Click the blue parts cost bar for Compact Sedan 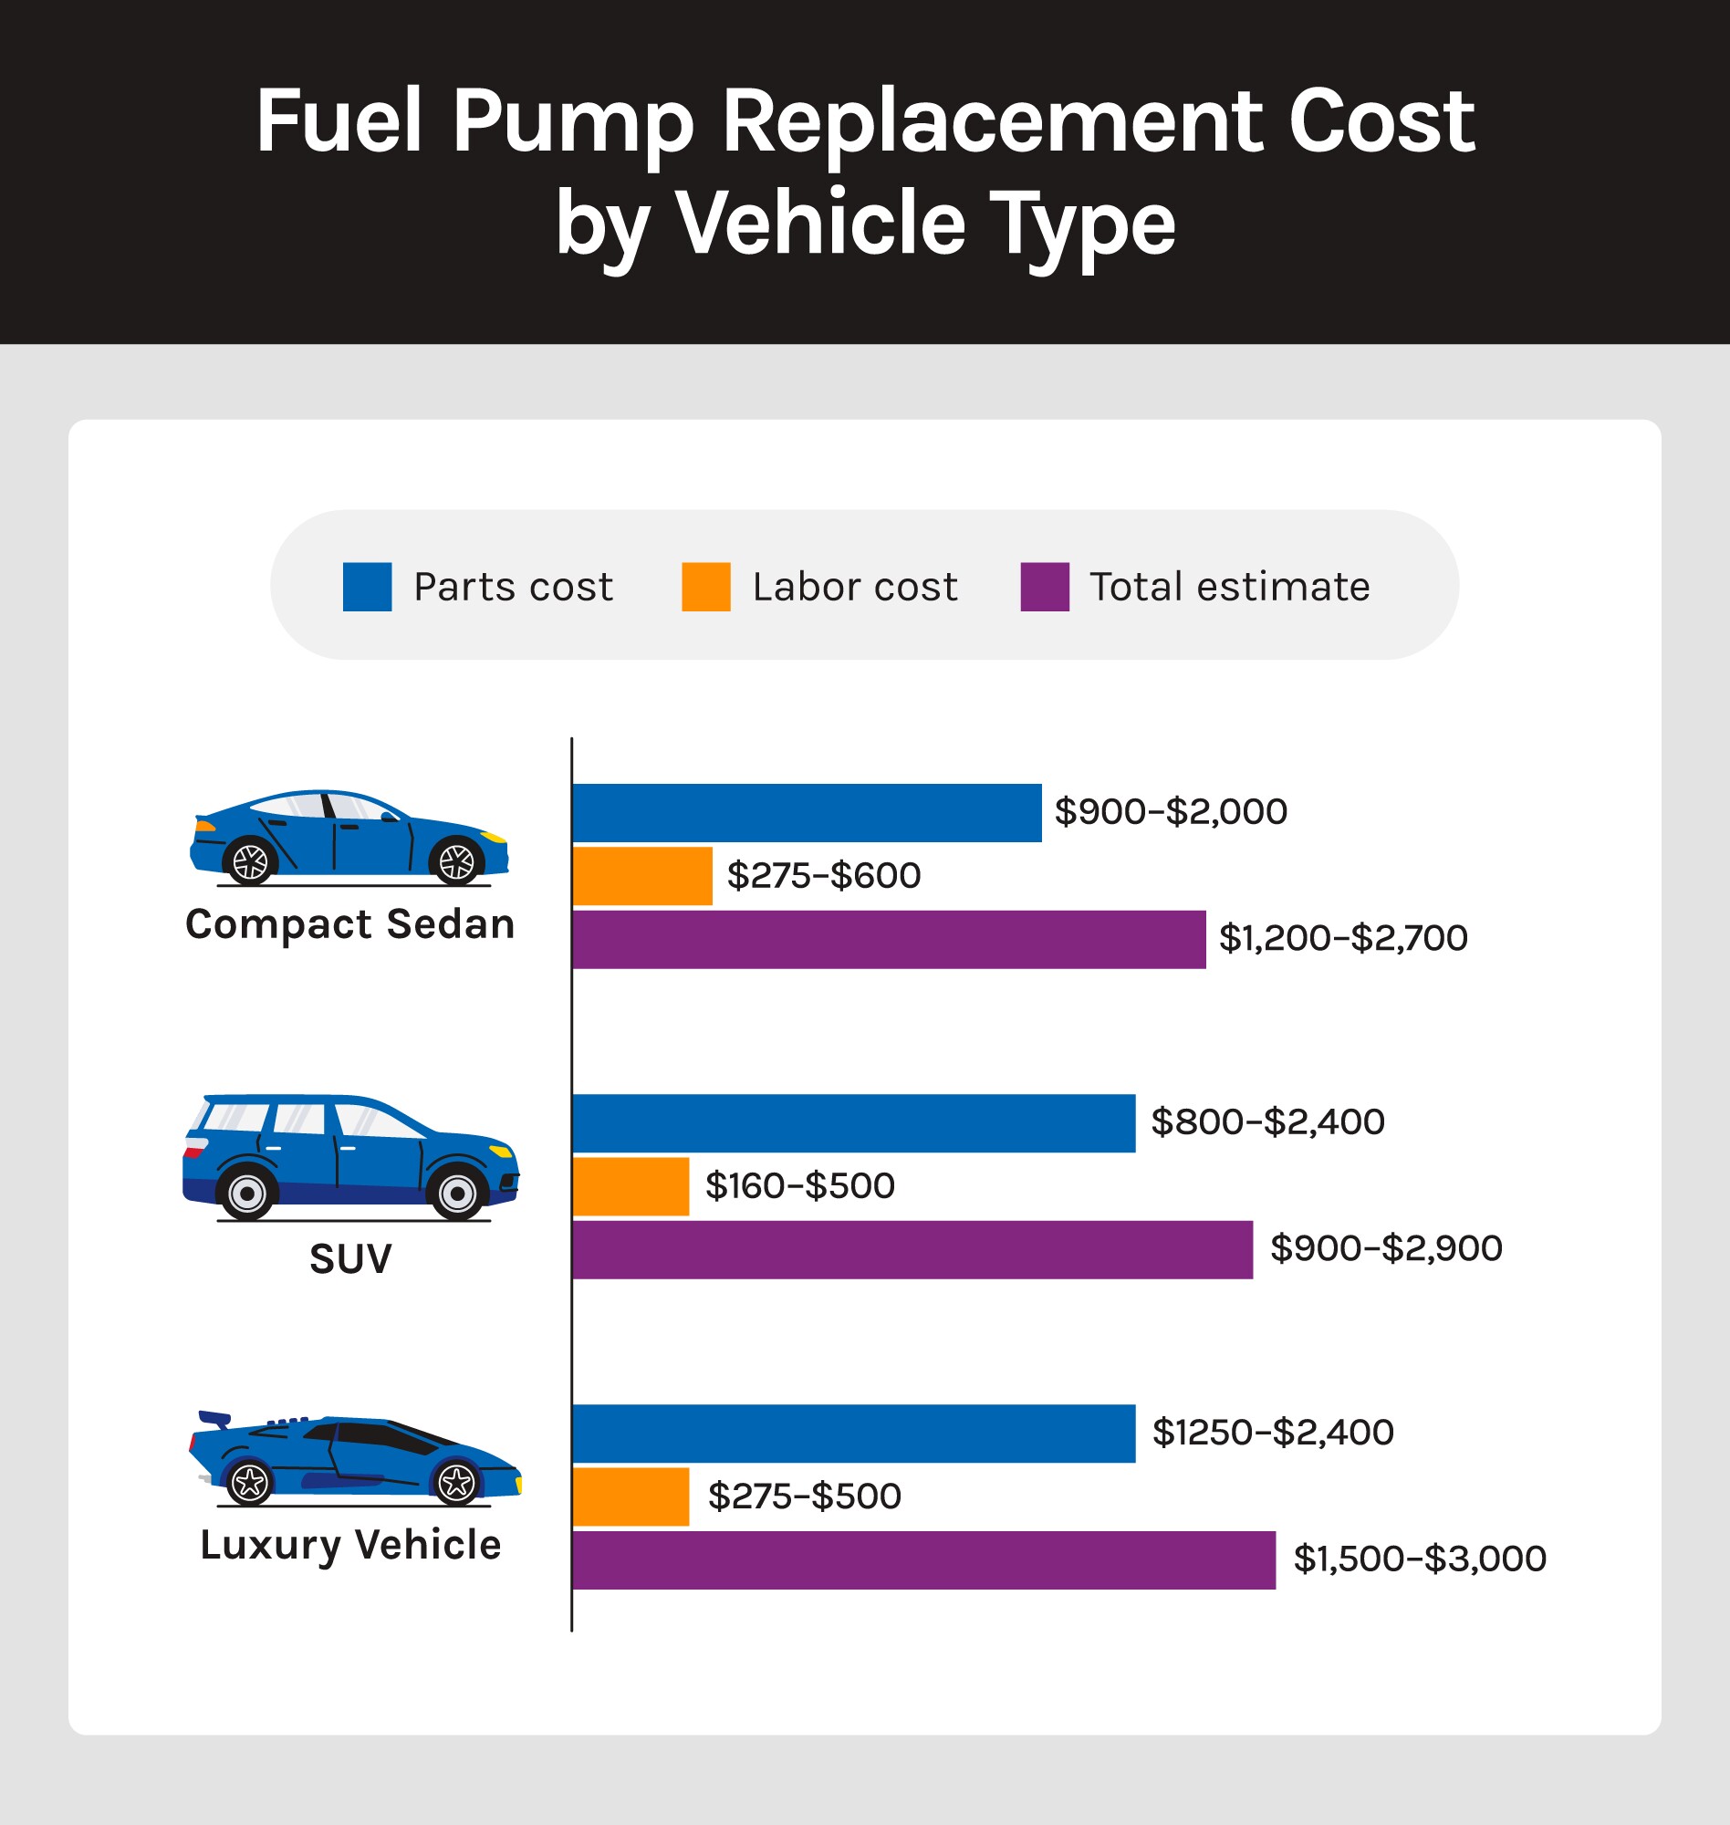[806, 812]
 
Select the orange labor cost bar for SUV [631, 1186]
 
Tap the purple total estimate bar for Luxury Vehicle [923, 1559]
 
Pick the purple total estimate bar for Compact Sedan [888, 939]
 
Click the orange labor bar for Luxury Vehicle [631, 1496]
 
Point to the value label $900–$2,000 [1171, 811]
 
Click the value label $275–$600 [824, 875]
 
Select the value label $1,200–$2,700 [1343, 938]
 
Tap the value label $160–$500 [799, 1186]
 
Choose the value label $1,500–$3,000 [1419, 1559]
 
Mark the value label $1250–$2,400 [1273, 1432]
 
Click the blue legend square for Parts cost [367, 587]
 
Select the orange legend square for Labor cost [705, 587]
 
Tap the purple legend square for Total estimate [1044, 587]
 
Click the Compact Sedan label [349, 924]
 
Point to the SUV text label [350, 1258]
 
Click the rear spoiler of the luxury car [214, 1418]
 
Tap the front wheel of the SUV [457, 1194]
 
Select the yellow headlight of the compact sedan [495, 837]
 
